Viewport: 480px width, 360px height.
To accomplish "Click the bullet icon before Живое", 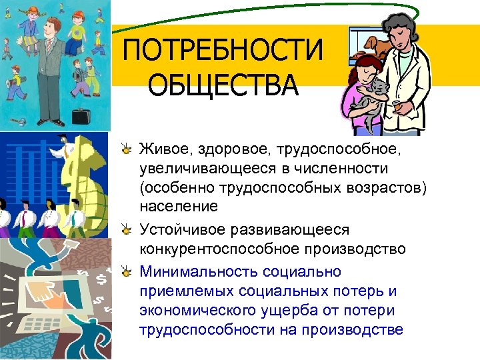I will click(x=127, y=149).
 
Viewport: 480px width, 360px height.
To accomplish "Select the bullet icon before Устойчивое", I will click(x=127, y=230).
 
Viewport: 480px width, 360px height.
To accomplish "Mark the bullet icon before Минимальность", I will click(x=127, y=272).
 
